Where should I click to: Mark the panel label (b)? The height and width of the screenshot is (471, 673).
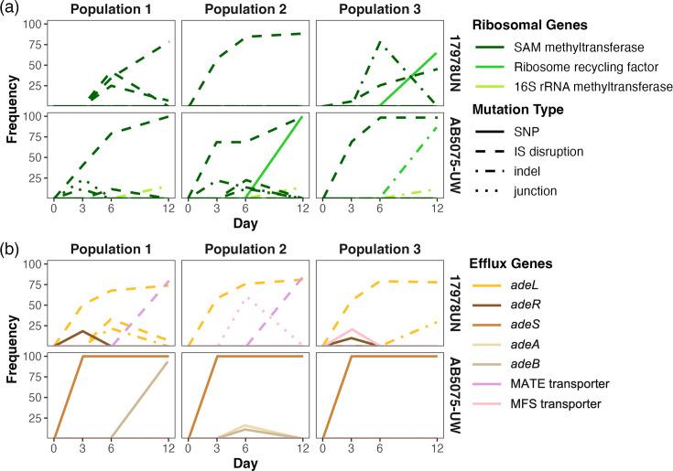coord(12,246)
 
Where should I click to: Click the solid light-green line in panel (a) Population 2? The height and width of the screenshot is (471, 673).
coord(275,155)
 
